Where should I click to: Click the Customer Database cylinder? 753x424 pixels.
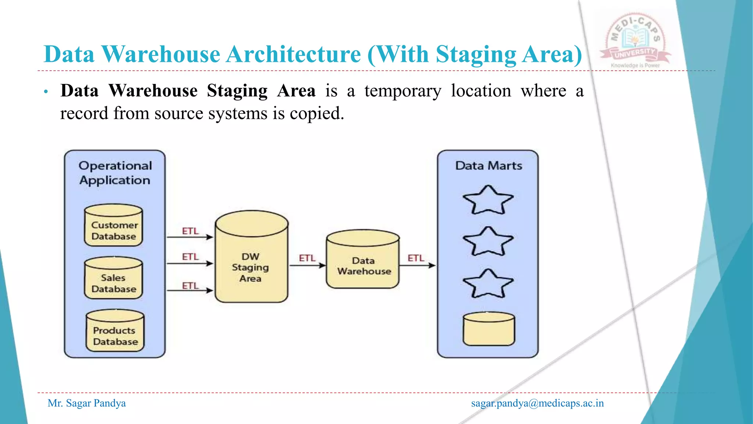click(x=114, y=226)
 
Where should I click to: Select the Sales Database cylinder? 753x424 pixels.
click(x=114, y=279)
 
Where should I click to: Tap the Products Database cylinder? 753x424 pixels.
click(x=115, y=331)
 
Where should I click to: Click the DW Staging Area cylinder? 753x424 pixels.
click(x=251, y=258)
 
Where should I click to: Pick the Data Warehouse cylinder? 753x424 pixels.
click(x=363, y=260)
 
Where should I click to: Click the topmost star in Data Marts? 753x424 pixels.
click(x=488, y=201)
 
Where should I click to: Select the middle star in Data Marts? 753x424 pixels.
click(x=488, y=242)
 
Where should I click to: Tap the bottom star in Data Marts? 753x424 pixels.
click(x=488, y=284)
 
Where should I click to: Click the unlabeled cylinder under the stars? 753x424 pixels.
click(x=489, y=329)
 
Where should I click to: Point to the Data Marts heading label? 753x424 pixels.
click(x=489, y=166)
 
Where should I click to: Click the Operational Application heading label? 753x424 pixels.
click(x=115, y=173)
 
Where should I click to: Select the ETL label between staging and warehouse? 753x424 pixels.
click(x=307, y=258)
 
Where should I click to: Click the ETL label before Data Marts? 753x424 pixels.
click(x=416, y=258)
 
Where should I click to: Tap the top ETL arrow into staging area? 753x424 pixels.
click(x=190, y=237)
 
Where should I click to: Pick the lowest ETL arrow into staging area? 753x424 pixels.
click(x=190, y=290)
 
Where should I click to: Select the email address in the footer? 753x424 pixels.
click(x=537, y=403)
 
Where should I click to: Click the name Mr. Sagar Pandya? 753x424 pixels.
click(x=87, y=403)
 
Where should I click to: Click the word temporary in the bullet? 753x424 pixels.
click(x=403, y=91)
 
